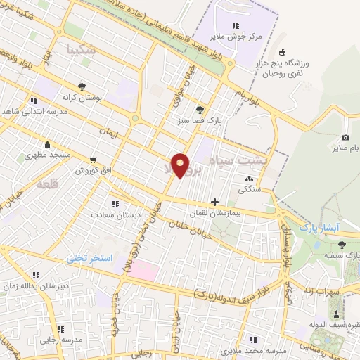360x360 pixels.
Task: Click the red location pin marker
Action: [x=181, y=165]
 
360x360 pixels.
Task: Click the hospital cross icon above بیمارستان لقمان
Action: [x=214, y=202]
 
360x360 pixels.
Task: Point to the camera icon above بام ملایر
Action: [x=345, y=137]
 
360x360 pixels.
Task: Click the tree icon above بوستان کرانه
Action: [x=82, y=86]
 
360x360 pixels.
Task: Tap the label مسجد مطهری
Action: [x=48, y=154]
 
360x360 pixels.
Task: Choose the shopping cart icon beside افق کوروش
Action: [x=92, y=160]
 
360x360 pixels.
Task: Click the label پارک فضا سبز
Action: [x=200, y=121]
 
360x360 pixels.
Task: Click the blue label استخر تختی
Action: [x=89, y=258]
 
